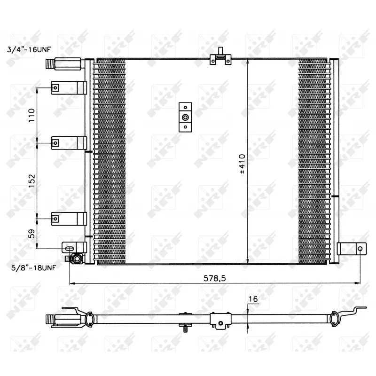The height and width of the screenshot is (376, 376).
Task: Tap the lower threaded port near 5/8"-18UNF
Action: click(75, 258)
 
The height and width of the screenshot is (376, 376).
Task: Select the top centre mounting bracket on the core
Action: click(220, 59)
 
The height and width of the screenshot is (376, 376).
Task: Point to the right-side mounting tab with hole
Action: click(351, 249)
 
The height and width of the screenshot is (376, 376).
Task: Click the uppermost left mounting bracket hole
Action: click(55, 87)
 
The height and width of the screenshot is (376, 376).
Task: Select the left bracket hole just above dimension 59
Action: click(55, 218)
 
